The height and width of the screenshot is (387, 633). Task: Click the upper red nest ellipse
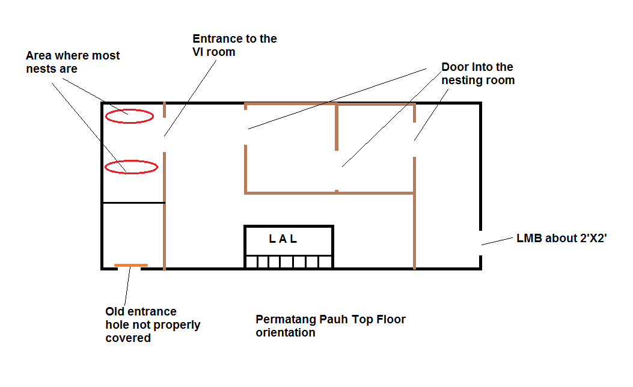click(x=129, y=117)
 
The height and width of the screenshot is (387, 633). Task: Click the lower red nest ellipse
click(x=131, y=167)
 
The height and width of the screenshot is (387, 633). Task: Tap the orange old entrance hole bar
click(x=131, y=265)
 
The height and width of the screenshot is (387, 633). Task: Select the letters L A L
click(x=283, y=239)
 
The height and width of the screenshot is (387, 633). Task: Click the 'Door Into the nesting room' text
click(x=478, y=73)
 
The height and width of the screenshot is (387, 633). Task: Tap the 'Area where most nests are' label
click(x=73, y=62)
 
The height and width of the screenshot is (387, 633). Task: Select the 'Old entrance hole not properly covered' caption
click(x=153, y=325)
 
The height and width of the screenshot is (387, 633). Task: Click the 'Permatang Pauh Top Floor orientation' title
click(x=330, y=325)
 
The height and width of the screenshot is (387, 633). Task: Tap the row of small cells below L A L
click(x=288, y=262)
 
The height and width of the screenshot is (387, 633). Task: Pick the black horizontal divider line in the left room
click(x=133, y=203)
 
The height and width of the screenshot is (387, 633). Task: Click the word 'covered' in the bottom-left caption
click(x=128, y=338)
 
